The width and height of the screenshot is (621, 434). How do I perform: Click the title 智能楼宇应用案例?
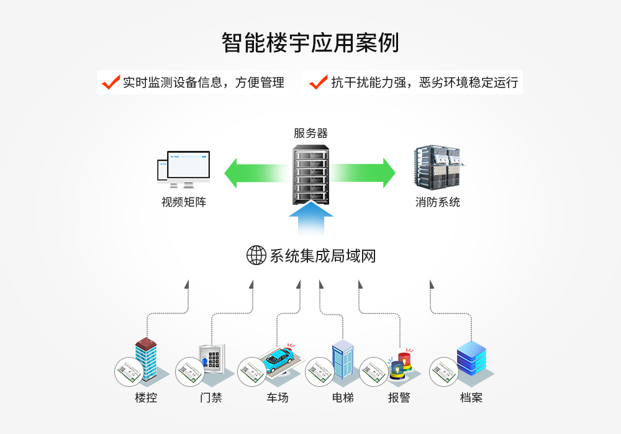click(310, 43)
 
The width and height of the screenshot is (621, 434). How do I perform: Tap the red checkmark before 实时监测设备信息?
click(111, 82)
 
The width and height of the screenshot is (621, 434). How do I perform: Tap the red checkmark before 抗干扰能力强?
click(318, 82)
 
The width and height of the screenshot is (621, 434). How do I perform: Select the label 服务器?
click(310, 133)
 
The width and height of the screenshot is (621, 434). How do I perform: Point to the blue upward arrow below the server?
click(310, 220)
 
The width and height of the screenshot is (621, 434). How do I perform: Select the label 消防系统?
click(438, 202)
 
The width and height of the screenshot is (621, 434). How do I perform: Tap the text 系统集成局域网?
click(323, 256)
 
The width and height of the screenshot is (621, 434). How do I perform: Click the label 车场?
click(278, 397)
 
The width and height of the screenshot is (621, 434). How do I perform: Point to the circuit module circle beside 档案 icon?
click(444, 372)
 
